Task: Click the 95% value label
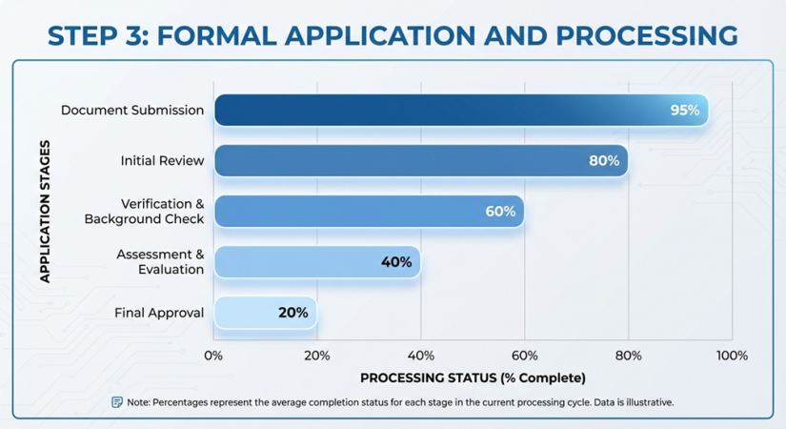click(x=684, y=110)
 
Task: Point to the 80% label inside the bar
click(x=604, y=160)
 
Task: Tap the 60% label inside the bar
click(x=500, y=212)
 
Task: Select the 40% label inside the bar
click(x=396, y=262)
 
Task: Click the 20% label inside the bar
click(x=293, y=313)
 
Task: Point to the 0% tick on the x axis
click(x=213, y=356)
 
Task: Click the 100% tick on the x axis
click(x=732, y=356)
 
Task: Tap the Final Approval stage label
click(x=159, y=313)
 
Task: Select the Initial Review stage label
click(x=162, y=160)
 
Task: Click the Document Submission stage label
click(x=132, y=110)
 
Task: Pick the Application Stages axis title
click(x=45, y=212)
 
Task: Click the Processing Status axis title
click(x=473, y=378)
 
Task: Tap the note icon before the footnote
click(x=117, y=402)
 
